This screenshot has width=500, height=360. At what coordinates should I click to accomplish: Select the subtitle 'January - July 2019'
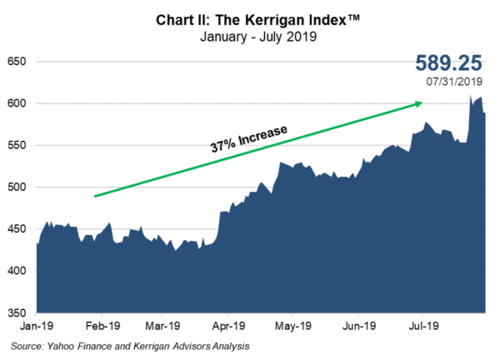(250, 37)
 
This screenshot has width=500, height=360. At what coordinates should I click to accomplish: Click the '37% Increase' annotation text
(248, 139)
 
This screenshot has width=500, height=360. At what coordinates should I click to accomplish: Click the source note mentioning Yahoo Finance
(130, 345)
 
